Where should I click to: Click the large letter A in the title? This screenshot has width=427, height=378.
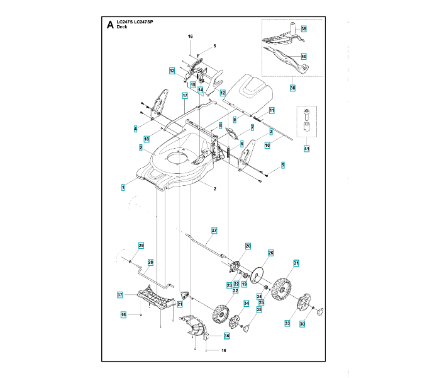pos(111,25)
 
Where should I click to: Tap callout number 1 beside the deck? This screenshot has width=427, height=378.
pos(123,187)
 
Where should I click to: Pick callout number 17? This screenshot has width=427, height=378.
pos(185,96)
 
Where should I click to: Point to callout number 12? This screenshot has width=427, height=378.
pos(223,93)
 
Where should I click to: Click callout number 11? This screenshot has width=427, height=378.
pos(272,110)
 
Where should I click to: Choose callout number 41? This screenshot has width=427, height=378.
pos(306,149)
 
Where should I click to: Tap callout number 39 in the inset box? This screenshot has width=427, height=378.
pos(304,30)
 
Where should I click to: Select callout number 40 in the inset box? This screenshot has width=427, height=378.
pos(304,57)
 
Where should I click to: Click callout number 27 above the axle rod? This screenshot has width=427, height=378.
pos(214,231)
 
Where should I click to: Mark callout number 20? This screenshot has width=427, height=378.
pos(248,246)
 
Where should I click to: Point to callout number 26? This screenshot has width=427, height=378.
pos(271,253)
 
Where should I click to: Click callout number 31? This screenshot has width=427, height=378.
pos(296,263)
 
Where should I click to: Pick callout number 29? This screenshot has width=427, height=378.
pos(141,245)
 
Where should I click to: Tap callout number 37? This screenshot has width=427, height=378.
pos(119,295)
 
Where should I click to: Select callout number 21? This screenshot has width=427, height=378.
pos(179,304)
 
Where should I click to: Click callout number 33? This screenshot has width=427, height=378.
pos(287,323)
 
